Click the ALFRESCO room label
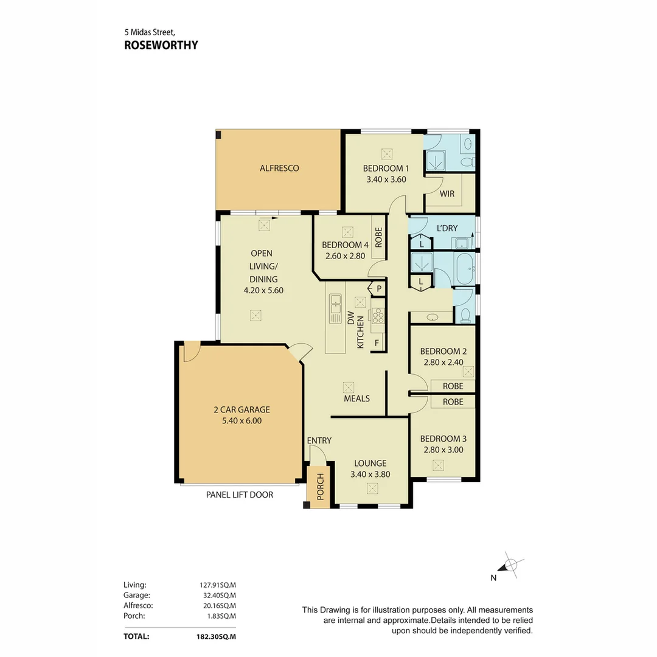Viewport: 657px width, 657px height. pos(279,168)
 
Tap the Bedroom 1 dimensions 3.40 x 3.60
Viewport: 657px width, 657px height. pos(386,179)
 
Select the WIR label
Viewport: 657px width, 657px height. pos(447,194)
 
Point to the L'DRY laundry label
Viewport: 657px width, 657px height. pos(447,228)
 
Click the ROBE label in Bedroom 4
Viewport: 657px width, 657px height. pos(378,238)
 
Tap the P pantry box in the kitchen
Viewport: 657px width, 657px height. pos(379,288)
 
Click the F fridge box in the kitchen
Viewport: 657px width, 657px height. pos(377,343)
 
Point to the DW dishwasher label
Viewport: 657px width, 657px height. pos(350,320)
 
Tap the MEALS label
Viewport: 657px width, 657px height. pos(356,398)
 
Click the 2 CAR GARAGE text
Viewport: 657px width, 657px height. pos(237,409)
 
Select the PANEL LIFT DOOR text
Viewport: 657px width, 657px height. pos(240,495)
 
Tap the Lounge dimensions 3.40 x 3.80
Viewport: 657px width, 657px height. pos(370,474)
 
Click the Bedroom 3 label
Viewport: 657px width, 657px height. pos(443,439)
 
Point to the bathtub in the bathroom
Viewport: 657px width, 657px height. pos(464,269)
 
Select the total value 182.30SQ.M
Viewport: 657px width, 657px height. pos(213,636)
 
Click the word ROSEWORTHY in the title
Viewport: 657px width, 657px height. pos(161,45)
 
